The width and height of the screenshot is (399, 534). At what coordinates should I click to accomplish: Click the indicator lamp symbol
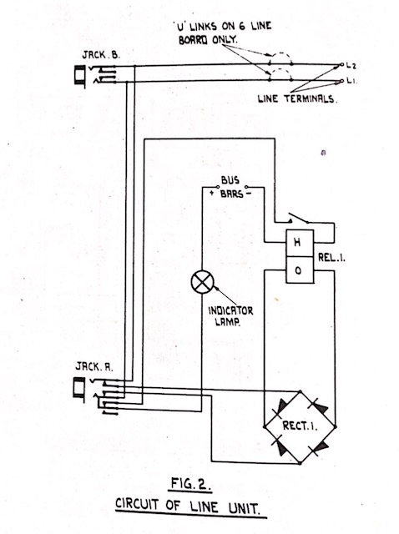[x=202, y=282]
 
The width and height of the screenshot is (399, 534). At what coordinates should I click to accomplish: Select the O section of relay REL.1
[x=300, y=270]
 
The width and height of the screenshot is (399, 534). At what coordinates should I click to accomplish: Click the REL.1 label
[x=331, y=258]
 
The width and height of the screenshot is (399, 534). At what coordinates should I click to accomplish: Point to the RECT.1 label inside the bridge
[x=300, y=426]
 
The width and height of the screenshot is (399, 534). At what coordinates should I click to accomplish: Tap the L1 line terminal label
[x=351, y=81]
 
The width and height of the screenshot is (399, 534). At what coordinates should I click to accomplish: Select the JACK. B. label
[x=101, y=55]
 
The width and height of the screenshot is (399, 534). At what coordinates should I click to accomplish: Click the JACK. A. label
[x=94, y=367]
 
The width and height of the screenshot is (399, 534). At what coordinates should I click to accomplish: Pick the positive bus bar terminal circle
[x=218, y=187]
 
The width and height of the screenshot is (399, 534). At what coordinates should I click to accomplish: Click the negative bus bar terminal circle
[x=246, y=187]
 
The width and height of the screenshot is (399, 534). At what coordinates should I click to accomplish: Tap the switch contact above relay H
[x=299, y=218]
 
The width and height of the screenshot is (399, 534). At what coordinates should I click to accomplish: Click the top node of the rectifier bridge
[x=300, y=391]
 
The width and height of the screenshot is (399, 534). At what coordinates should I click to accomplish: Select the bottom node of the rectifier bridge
[x=300, y=463]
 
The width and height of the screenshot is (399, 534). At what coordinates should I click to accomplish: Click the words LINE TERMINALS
[x=297, y=99]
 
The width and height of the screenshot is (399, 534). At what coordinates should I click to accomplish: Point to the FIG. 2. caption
[x=189, y=484]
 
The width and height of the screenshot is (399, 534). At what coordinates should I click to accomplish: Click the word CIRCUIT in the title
[x=138, y=504]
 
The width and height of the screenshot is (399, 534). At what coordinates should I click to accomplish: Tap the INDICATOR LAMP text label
[x=230, y=315]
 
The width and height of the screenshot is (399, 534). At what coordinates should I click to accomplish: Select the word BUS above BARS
[x=230, y=180]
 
